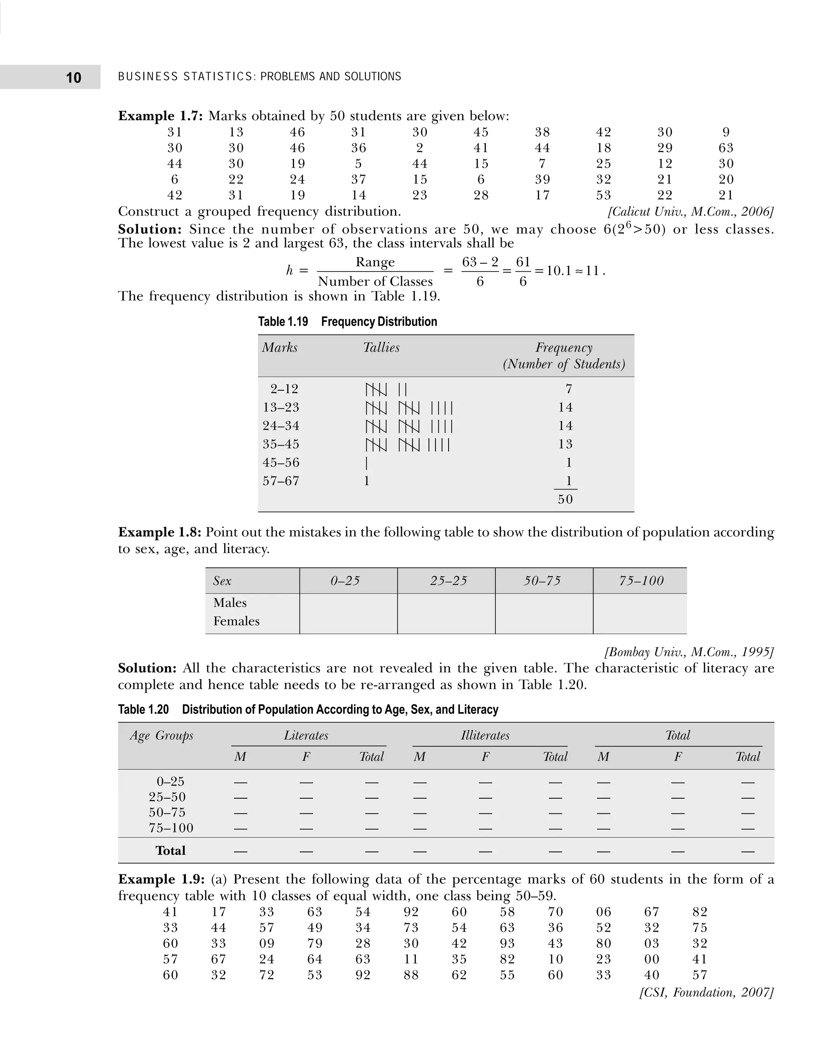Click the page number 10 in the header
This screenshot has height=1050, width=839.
73,77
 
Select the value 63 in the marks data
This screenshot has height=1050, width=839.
726,148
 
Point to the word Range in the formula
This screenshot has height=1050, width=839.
375,262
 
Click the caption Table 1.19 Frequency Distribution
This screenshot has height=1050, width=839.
347,321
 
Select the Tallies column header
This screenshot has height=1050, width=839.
381,347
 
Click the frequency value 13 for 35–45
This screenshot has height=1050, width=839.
565,444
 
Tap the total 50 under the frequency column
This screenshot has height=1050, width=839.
565,499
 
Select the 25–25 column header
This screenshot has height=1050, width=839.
448,581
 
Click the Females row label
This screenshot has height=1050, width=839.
236,621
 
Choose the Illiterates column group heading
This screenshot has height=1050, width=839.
485,736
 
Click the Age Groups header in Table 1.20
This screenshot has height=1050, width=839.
161,736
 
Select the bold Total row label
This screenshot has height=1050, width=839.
170,850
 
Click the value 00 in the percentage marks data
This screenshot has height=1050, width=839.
651,959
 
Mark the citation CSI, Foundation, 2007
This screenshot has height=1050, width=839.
706,993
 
